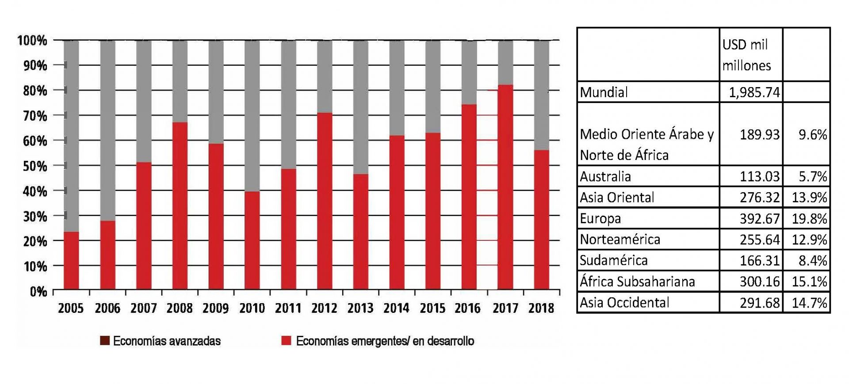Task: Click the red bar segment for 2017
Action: coord(505,187)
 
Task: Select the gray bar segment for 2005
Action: coord(71,136)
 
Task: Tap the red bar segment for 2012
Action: coord(325,201)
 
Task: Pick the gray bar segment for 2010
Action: coord(252,116)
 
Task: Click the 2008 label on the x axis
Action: coord(180,308)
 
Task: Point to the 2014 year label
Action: coord(396,308)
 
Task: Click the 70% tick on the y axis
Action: coord(32,116)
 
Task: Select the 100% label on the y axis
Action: coord(32,41)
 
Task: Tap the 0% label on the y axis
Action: coord(38,292)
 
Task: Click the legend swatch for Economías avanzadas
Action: coord(105,341)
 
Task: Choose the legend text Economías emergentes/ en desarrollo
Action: coord(385,341)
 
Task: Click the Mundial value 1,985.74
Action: coord(754,92)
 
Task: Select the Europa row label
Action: coord(600,218)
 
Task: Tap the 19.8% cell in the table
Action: coord(809,218)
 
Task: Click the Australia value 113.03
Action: coord(759,176)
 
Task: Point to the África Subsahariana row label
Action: coord(637,281)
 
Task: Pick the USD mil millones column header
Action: coord(746,55)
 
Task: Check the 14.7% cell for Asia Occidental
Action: coord(809,303)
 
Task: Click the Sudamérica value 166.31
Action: coord(759,260)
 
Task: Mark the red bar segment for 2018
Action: coord(542,220)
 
